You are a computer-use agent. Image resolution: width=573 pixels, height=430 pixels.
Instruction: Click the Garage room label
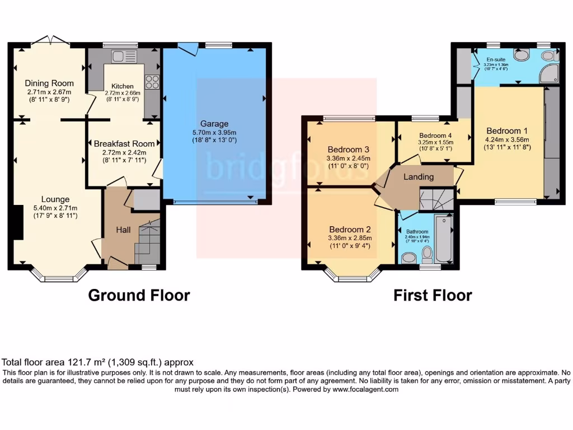[x=214, y=124]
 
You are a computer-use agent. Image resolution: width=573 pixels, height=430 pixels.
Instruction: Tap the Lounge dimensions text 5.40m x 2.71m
[x=55, y=208]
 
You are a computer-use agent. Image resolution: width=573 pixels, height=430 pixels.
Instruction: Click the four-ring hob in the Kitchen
[x=152, y=82]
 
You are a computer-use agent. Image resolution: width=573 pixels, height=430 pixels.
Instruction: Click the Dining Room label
[x=50, y=83]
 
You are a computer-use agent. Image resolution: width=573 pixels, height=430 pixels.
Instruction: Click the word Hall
[x=123, y=230]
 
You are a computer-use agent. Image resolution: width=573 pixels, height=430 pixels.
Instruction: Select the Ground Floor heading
[x=139, y=295]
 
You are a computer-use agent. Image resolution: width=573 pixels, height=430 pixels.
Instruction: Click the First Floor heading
[x=433, y=295]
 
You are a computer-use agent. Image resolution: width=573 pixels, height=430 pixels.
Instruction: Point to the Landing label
[x=419, y=177]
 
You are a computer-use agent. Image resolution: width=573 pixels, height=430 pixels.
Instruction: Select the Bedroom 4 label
[x=435, y=135]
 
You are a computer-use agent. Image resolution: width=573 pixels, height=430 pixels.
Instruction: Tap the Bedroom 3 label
[x=349, y=149]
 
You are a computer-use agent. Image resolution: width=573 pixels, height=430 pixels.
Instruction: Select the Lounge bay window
[x=59, y=275]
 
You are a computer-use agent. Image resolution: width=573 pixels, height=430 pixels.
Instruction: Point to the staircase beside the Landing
[x=430, y=200]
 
